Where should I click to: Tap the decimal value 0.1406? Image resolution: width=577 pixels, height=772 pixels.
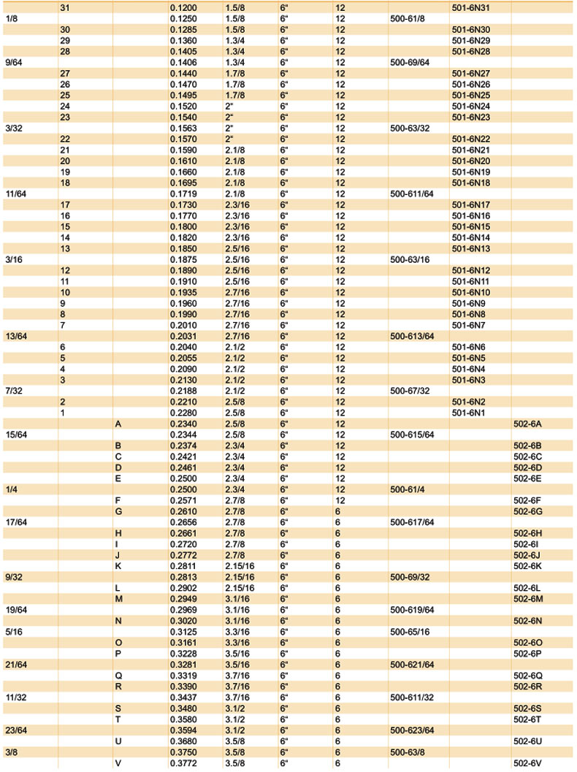point(183,62)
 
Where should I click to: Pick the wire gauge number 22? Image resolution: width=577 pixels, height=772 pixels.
point(65,139)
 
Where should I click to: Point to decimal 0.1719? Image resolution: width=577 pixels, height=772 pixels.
point(183,194)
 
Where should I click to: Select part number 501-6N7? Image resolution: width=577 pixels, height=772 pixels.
point(468,325)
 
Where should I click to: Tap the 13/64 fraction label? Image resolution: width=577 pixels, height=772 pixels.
point(16,336)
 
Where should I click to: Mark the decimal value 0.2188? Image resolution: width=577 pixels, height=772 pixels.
point(183,391)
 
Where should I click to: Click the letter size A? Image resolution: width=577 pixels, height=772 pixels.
point(118,424)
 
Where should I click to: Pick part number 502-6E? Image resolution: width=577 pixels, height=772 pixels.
point(526,478)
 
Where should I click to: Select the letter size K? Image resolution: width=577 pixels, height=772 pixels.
point(118,566)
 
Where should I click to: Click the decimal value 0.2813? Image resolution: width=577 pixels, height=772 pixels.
point(183,577)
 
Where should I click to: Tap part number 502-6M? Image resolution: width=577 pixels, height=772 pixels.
point(527,599)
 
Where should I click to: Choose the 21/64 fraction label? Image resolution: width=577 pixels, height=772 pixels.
point(16,665)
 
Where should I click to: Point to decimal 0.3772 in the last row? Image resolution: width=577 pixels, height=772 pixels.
point(183,763)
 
